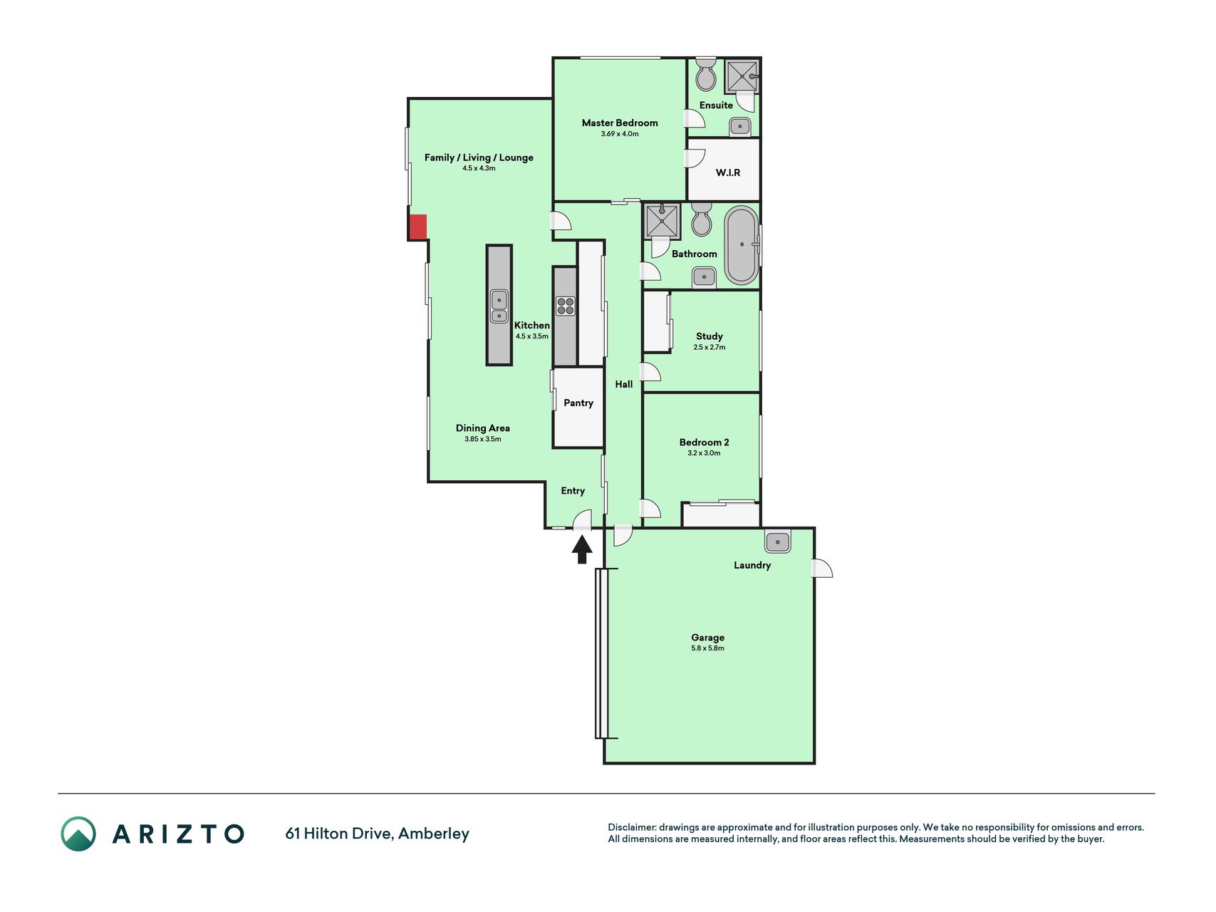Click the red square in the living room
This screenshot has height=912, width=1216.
(x=417, y=227)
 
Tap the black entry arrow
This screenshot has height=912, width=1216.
(x=582, y=549)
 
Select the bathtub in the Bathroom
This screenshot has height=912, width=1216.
(x=742, y=245)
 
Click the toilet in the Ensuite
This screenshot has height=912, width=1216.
(x=705, y=74)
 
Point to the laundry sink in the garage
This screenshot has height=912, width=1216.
(x=777, y=541)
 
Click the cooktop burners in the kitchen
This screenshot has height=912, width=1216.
(x=565, y=306)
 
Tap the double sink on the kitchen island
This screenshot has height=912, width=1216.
(x=499, y=306)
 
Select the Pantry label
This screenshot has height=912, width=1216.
(x=578, y=403)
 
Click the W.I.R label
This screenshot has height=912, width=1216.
(x=728, y=172)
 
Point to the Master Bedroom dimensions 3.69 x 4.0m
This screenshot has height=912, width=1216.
(x=620, y=134)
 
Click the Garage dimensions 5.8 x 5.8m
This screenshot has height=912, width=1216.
(x=707, y=648)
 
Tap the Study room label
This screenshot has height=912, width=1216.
(x=710, y=336)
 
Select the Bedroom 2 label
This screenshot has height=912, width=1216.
(x=704, y=442)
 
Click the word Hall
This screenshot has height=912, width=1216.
(x=624, y=384)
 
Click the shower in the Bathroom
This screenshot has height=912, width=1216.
(x=662, y=221)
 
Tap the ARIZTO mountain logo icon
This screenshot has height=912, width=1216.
(x=78, y=834)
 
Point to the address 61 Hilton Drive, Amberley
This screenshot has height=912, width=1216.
(x=377, y=834)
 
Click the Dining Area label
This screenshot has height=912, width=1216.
(x=483, y=428)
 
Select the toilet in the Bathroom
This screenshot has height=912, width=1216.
(x=702, y=219)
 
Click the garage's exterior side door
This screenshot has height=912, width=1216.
(x=822, y=568)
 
